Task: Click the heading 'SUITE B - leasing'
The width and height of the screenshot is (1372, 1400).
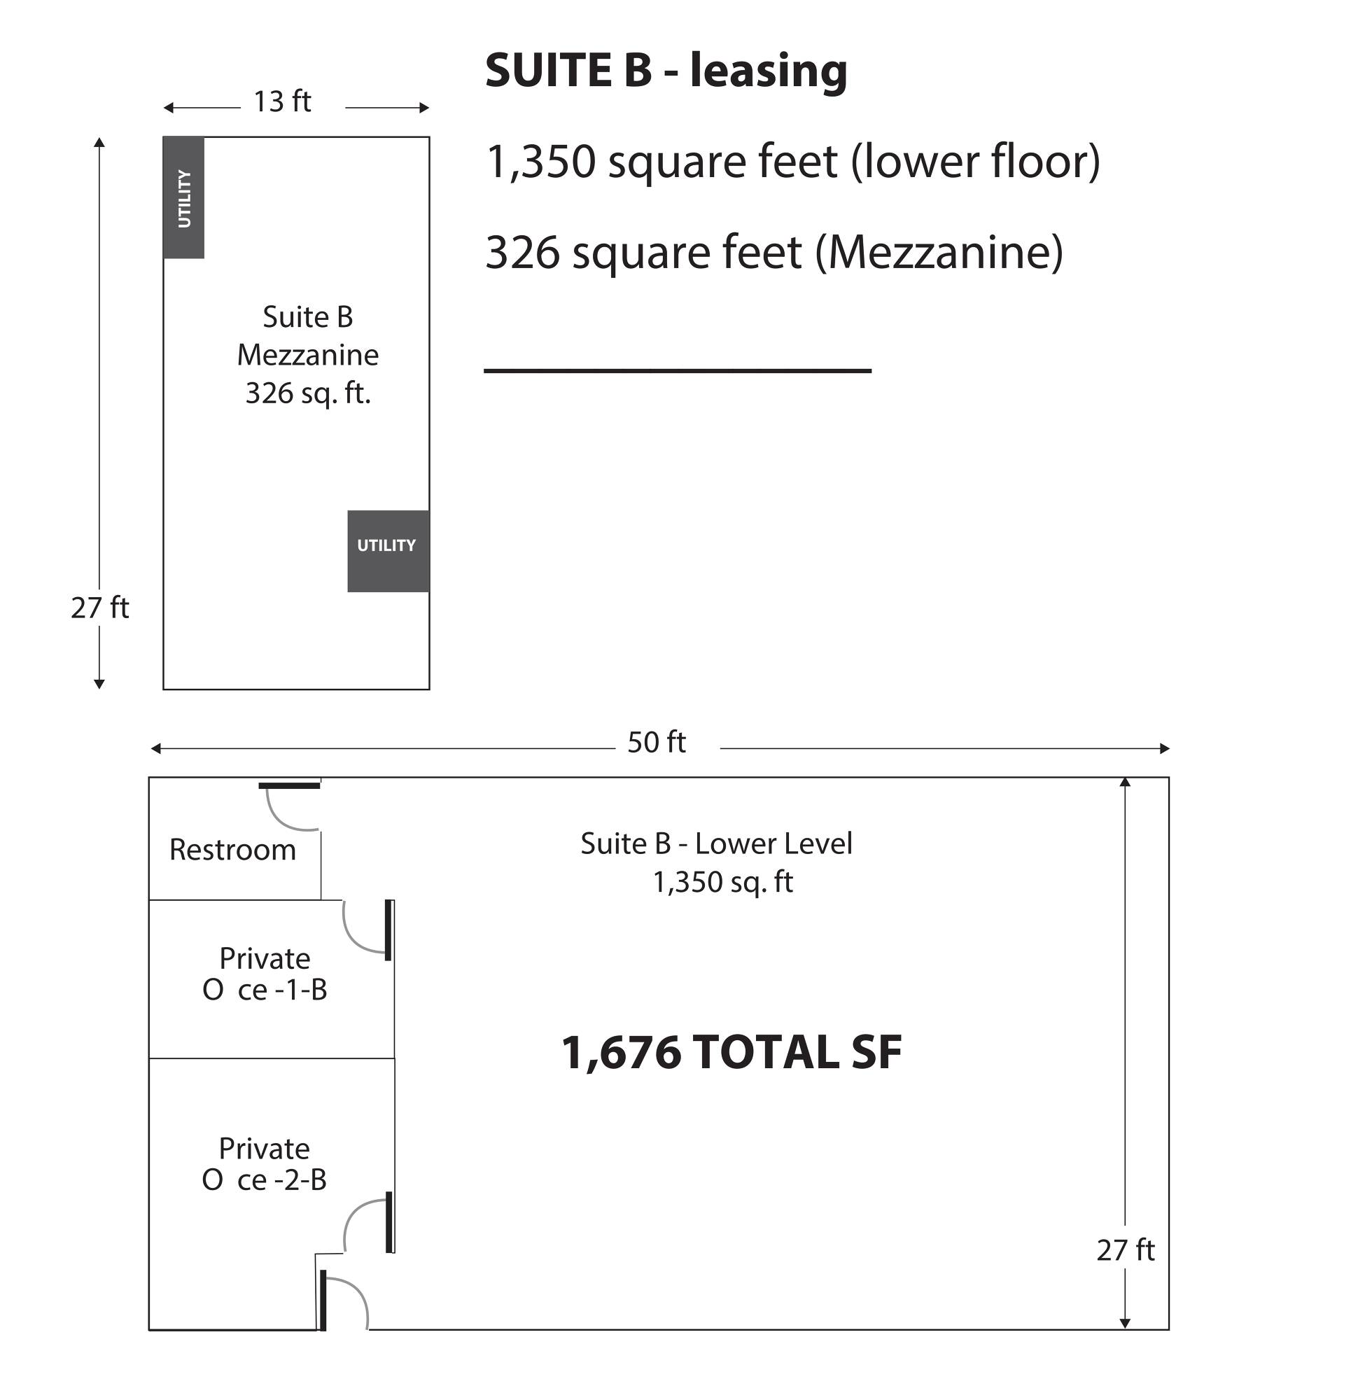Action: click(666, 71)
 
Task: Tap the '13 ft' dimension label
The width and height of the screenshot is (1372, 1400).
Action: click(281, 101)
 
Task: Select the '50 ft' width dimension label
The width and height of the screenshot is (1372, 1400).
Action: click(656, 742)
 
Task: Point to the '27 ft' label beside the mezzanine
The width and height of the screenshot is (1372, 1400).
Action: click(99, 608)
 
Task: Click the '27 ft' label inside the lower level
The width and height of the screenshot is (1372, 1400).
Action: click(1126, 1250)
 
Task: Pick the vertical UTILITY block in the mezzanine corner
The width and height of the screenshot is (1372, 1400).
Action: click(183, 197)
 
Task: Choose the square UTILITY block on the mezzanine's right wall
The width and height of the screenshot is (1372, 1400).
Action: click(388, 551)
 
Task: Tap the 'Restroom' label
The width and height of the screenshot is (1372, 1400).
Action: click(232, 850)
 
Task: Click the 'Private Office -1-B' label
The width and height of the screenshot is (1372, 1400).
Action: click(265, 974)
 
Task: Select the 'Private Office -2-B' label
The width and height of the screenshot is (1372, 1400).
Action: click(264, 1163)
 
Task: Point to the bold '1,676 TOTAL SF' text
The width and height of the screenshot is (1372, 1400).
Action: click(731, 1053)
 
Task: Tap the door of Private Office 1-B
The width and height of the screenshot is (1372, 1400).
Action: click(388, 930)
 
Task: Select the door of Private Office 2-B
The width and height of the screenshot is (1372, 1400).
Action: click(389, 1222)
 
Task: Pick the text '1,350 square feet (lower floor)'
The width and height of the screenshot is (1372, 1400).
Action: click(793, 162)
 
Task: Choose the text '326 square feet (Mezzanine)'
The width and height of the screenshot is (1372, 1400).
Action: click(774, 253)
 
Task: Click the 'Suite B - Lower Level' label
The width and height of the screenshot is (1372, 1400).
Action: click(716, 843)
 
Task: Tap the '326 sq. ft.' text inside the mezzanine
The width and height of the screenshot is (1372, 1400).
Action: click(308, 393)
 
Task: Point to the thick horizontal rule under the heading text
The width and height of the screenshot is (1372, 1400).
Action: click(678, 370)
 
